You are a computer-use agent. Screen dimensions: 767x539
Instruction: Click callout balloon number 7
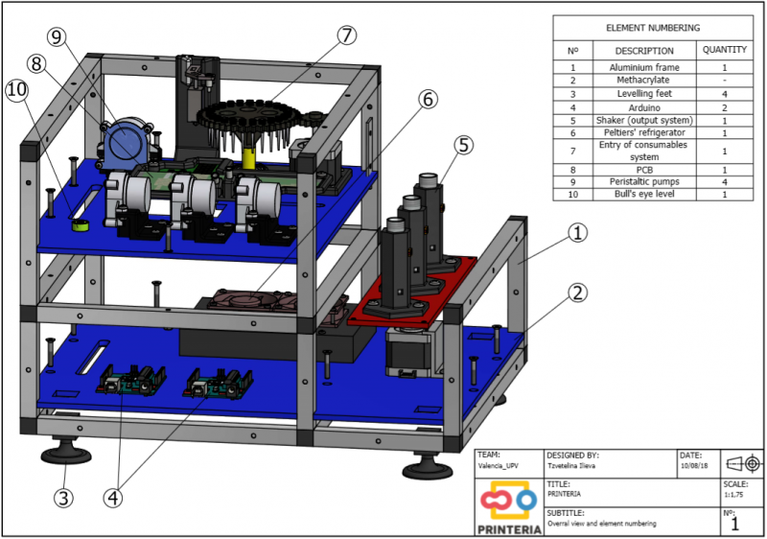[346, 35]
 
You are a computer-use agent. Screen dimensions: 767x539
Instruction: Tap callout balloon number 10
[17, 90]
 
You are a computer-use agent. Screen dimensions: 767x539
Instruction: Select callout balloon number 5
[463, 145]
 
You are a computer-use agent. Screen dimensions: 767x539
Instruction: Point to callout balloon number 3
[63, 498]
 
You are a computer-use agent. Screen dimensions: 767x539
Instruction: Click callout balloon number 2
[578, 293]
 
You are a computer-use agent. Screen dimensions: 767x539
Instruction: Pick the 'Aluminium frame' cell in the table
[644, 67]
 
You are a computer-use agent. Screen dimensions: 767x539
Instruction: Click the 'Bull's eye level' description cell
[644, 194]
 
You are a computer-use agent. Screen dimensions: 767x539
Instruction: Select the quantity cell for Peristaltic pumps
[725, 182]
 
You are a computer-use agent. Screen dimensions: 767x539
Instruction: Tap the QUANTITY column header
[725, 50]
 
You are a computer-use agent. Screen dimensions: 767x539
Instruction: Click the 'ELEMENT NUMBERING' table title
[653, 28]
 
